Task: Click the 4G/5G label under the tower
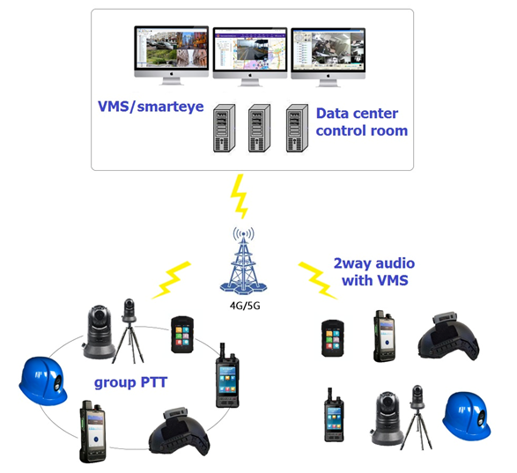coord(245,306)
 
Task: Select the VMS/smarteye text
coord(151,107)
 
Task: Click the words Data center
coord(357,114)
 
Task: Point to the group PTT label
coord(131,382)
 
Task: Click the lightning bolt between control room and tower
coord(240,196)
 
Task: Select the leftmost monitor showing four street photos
coord(171,55)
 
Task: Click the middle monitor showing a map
coord(250,56)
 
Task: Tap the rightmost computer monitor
coord(328,57)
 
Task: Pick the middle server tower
coord(260,128)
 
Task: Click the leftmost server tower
coord(225,128)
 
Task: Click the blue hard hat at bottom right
coord(467,417)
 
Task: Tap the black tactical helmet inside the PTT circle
coord(180,432)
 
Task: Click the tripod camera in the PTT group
coord(129,331)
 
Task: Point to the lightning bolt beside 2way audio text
coord(318,281)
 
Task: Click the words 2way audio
coord(374,263)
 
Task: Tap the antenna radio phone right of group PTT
coord(227,375)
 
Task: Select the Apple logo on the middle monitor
coord(250,75)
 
